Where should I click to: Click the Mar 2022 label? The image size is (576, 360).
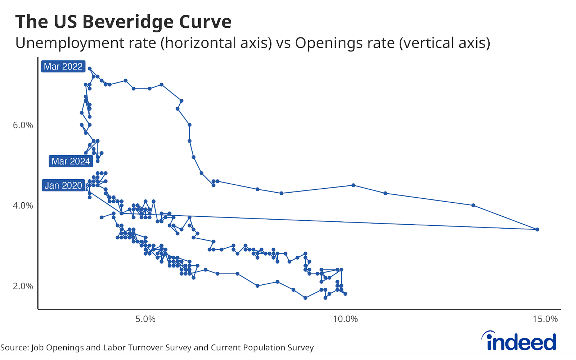point(63,67)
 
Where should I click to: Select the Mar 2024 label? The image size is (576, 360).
point(71,161)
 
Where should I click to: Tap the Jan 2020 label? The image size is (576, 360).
point(63,185)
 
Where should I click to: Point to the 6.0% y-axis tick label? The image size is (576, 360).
point(23,125)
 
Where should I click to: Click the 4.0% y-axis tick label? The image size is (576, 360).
point(23,206)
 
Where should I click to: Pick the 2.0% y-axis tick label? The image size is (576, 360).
point(23,286)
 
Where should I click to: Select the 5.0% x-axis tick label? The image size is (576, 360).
point(145,319)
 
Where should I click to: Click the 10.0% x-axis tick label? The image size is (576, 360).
point(345,319)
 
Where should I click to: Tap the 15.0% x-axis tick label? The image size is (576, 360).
point(545,319)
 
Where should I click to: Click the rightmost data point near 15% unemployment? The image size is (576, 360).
point(537,229)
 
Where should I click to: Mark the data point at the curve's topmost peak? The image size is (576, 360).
point(90,68)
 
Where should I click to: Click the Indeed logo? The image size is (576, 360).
point(519,341)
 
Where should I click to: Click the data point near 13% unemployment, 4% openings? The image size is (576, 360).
point(473,205)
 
